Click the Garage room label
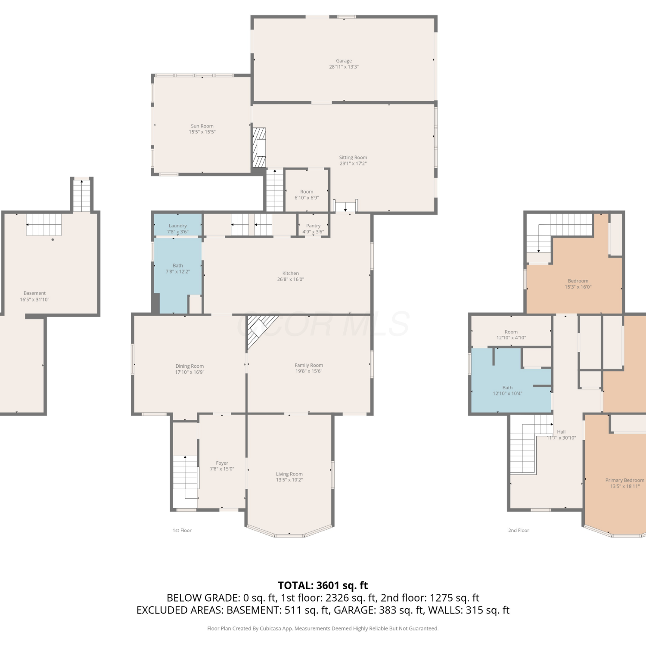(344, 61)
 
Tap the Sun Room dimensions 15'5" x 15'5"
(202, 132)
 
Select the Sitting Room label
(353, 158)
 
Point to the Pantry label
(313, 226)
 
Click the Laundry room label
(178, 226)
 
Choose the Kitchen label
(291, 273)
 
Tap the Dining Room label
(189, 366)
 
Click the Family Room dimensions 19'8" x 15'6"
(309, 371)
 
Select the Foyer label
(222, 463)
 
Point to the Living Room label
(289, 474)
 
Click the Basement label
(34, 293)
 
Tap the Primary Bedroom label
(625, 480)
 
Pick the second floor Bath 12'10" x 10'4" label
(508, 391)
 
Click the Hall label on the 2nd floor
(561, 432)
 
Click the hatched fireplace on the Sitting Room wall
(259, 147)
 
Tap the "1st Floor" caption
(182, 531)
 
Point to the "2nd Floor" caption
(519, 531)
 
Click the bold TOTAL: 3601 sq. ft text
(323, 585)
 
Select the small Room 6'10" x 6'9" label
(307, 195)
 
